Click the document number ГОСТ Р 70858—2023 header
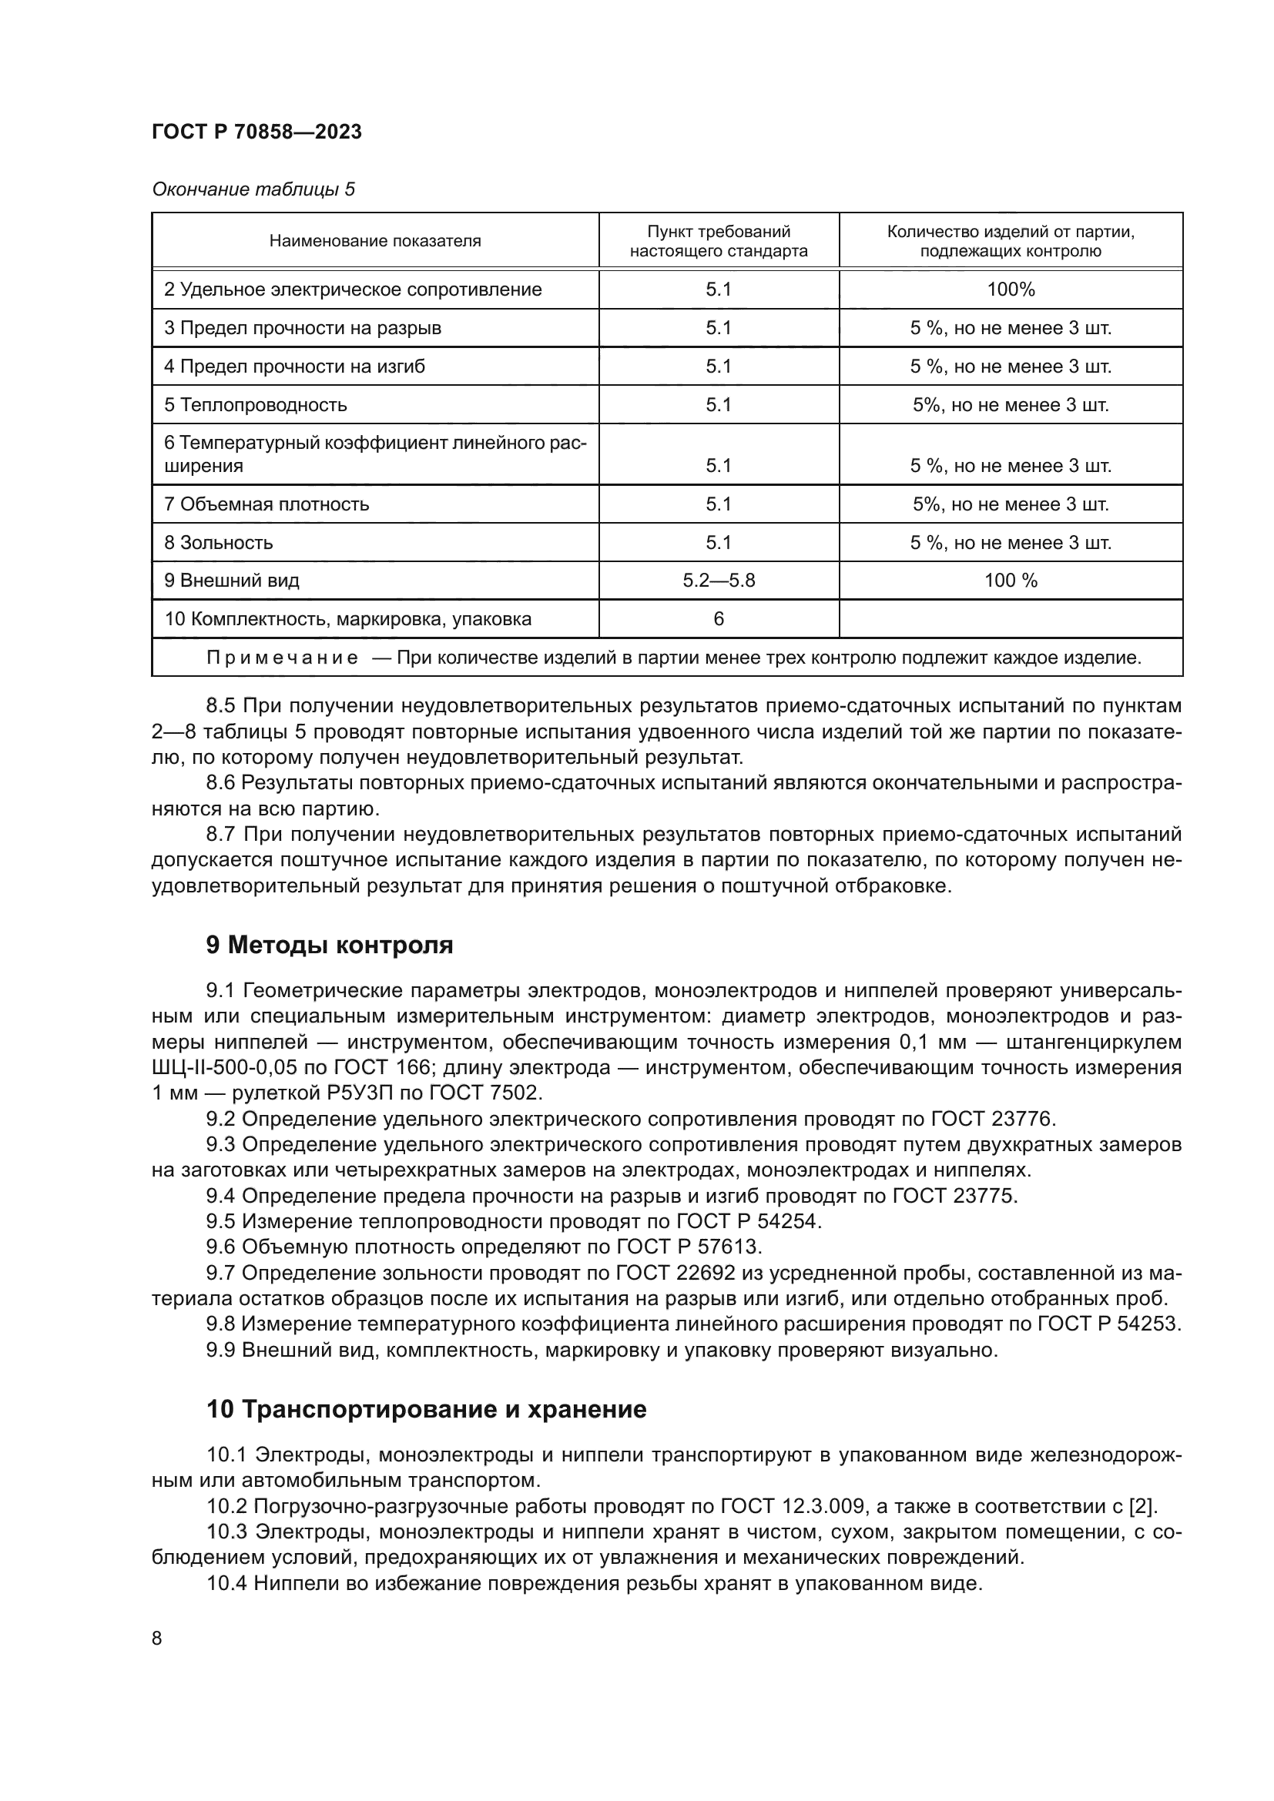(x=256, y=132)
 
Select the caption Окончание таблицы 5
(x=253, y=189)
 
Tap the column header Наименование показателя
(x=375, y=242)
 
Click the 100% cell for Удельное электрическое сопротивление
(x=1011, y=290)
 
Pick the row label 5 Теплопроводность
(x=255, y=405)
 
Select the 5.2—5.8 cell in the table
(x=719, y=581)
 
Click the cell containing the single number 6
(x=719, y=619)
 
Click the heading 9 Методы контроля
(x=330, y=946)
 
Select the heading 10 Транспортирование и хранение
(x=426, y=1410)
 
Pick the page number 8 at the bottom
(x=157, y=1639)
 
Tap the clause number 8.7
(x=222, y=835)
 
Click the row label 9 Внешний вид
(x=231, y=581)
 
